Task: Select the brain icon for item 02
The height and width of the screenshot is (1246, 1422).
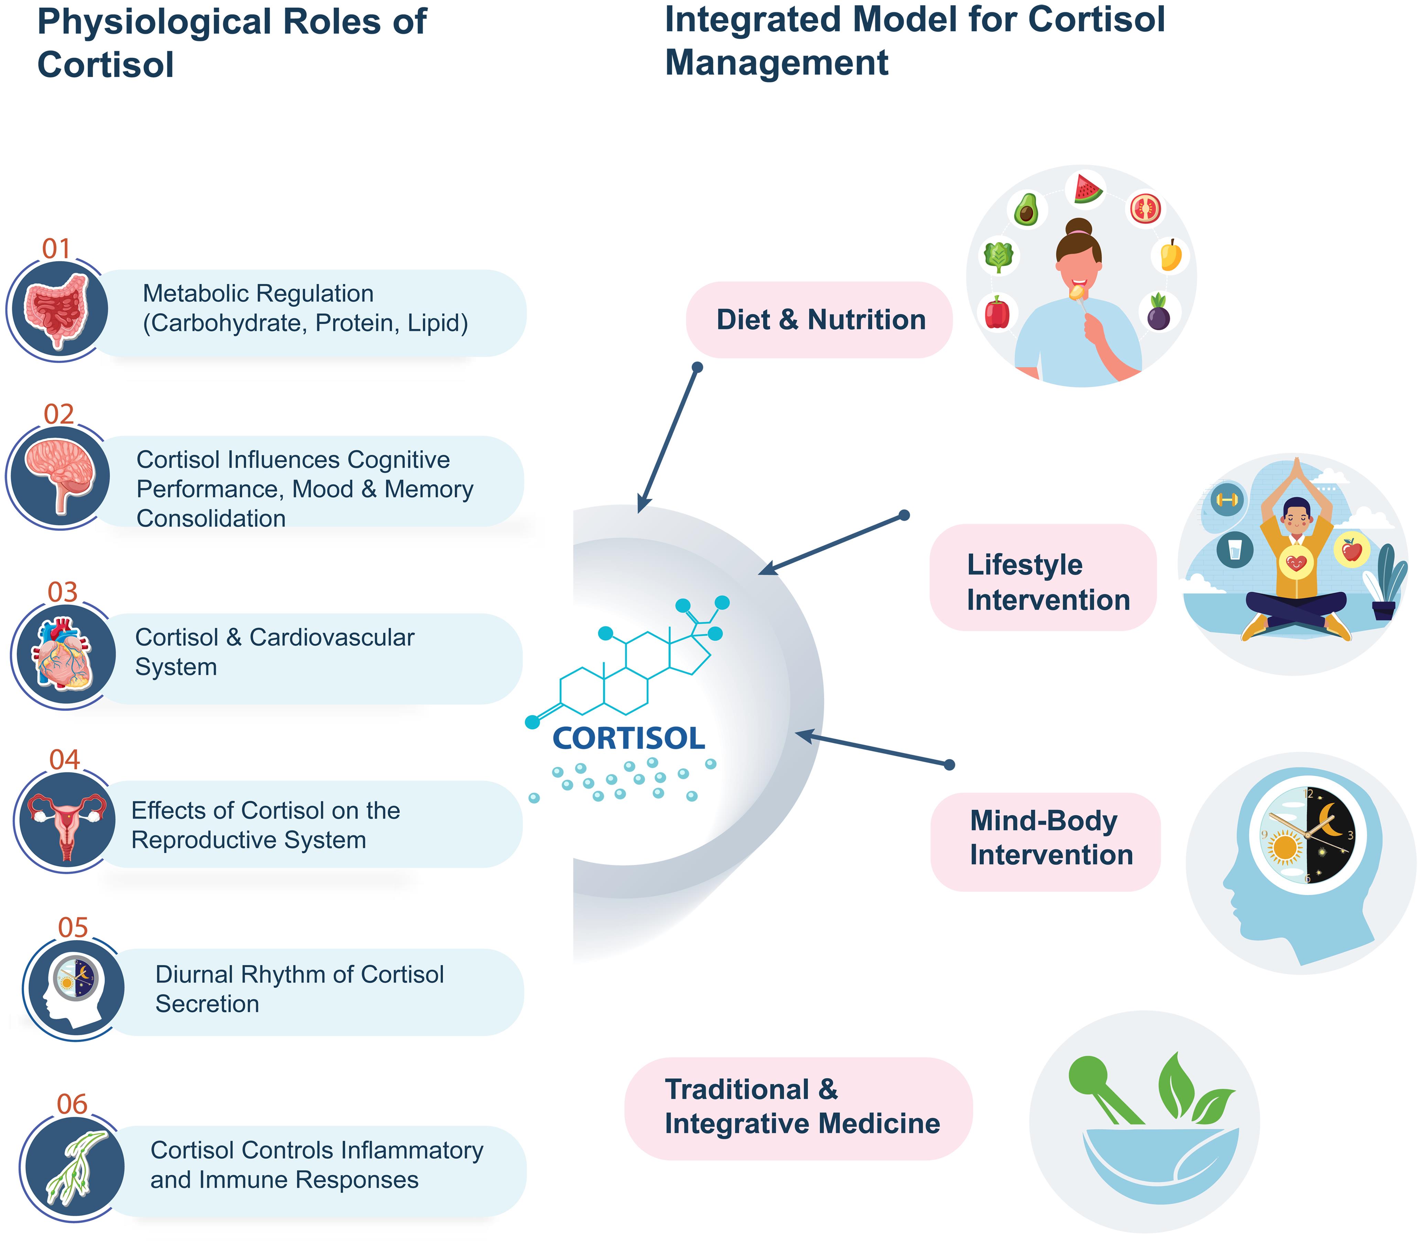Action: click(59, 476)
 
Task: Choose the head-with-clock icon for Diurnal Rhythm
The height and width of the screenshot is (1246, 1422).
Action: click(74, 987)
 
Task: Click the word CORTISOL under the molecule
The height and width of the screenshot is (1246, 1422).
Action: click(628, 739)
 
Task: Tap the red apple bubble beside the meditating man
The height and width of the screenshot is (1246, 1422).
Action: click(1351, 551)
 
